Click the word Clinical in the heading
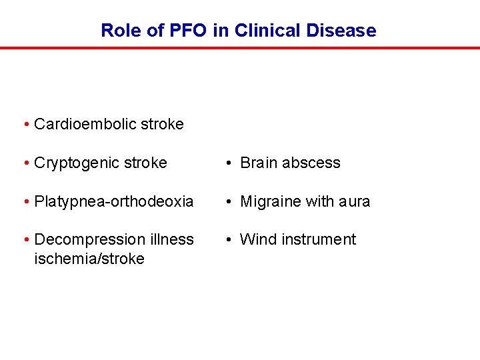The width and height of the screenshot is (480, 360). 269,31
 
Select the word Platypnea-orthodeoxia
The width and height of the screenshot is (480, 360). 113,201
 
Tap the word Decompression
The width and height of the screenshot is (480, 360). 85,239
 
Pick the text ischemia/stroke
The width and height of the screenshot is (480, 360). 89,259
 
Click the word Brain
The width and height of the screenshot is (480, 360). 259,163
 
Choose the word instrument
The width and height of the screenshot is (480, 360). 316,239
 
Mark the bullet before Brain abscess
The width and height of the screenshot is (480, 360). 229,163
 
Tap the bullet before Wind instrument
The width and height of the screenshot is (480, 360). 229,240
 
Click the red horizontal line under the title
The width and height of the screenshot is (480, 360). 240,48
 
